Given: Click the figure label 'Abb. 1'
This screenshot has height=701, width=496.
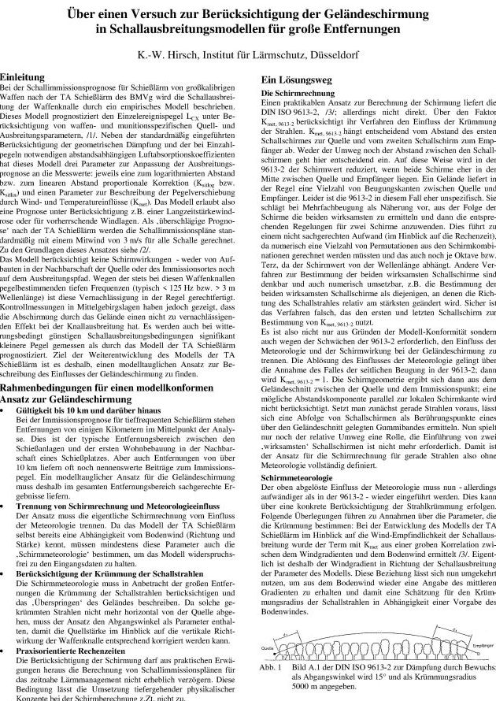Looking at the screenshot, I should pos(269,666).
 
